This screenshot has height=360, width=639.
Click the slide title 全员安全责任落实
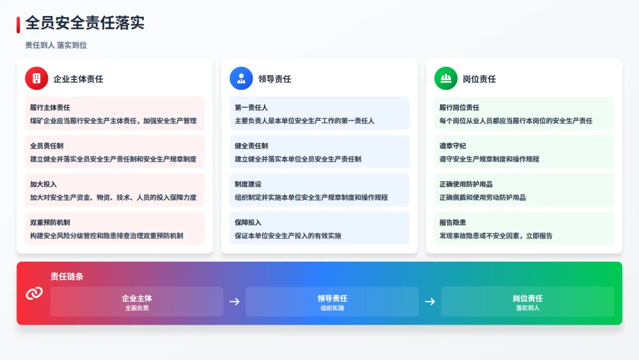pyautogui.click(x=85, y=23)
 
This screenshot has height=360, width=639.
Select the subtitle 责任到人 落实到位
pyautogui.click(x=56, y=45)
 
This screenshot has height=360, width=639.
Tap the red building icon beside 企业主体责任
pyautogui.click(x=37, y=78)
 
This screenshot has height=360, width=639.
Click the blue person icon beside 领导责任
pyautogui.click(x=241, y=78)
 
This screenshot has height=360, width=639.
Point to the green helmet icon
pyautogui.click(x=446, y=78)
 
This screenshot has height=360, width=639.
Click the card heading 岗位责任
pyautogui.click(x=479, y=79)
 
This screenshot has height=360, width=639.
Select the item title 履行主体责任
pyautogui.click(x=50, y=108)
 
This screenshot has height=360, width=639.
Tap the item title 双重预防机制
pyautogui.click(x=50, y=223)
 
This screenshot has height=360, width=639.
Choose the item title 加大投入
pyautogui.click(x=43, y=184)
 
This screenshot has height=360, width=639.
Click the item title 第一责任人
pyautogui.click(x=251, y=108)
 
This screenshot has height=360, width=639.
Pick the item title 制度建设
pyautogui.click(x=248, y=184)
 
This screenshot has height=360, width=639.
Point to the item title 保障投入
pyautogui.click(x=248, y=223)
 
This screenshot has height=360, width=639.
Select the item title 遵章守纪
pyautogui.click(x=453, y=146)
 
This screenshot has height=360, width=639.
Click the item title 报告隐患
pyautogui.click(x=453, y=223)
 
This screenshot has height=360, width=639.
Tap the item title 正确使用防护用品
pyautogui.click(x=466, y=184)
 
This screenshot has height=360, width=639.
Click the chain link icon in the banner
pyautogui.click(x=34, y=293)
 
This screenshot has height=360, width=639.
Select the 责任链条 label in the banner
pyautogui.click(x=67, y=277)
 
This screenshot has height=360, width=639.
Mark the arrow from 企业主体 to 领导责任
pyautogui.click(x=234, y=301)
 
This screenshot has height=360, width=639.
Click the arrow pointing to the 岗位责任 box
pyautogui.click(x=430, y=301)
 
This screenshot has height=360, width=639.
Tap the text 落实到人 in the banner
pyautogui.click(x=527, y=308)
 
